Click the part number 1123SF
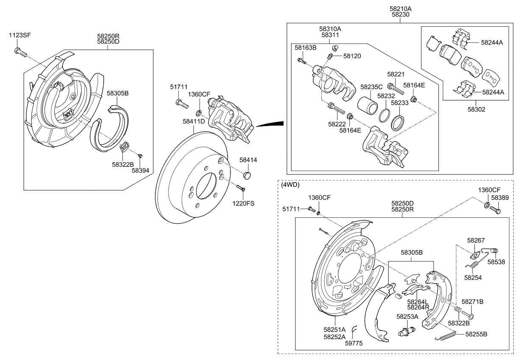(x=20, y=35)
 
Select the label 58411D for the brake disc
(x=194, y=121)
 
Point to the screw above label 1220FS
(x=240, y=188)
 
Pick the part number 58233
(x=399, y=102)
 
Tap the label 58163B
(x=306, y=48)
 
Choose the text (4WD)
(x=290, y=185)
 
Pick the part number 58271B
(x=472, y=301)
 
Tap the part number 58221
(x=396, y=74)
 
